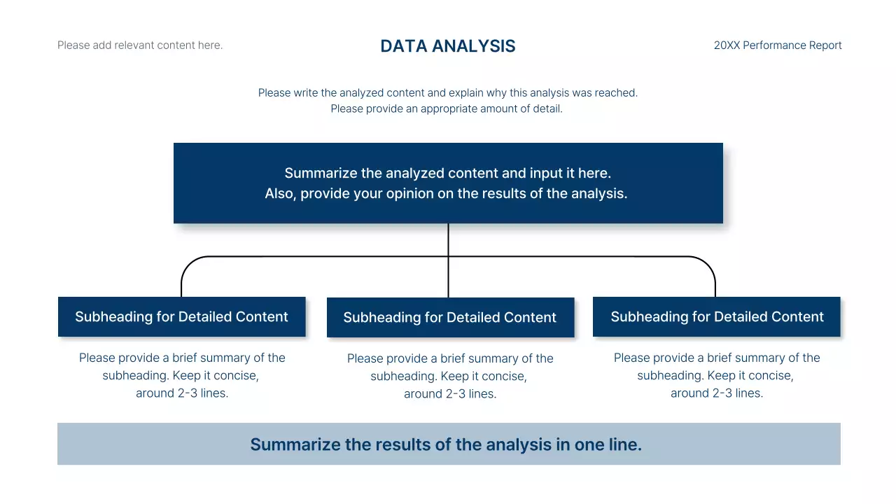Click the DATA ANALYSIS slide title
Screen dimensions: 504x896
tap(447, 46)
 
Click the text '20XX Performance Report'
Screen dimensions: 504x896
tap(777, 45)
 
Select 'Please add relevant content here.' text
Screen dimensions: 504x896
tap(140, 45)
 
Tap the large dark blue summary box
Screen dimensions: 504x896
tap(448, 210)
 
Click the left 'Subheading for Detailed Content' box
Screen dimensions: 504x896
tap(181, 316)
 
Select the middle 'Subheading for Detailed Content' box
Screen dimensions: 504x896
tap(449, 317)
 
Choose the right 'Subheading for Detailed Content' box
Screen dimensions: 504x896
tap(717, 316)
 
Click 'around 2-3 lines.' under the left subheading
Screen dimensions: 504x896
tap(182, 393)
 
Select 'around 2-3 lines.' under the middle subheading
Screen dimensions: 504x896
tap(450, 393)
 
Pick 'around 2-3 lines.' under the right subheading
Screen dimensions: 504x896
tap(717, 393)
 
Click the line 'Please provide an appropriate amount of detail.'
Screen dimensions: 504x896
tap(447, 108)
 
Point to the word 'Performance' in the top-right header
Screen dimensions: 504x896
tap(775, 45)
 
